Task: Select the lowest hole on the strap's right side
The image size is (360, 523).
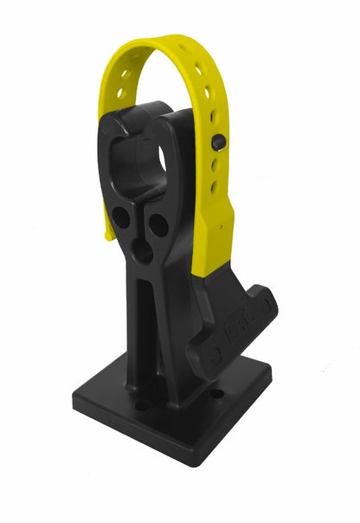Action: click(x=214, y=186)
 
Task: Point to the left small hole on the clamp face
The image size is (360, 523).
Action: click(x=122, y=217)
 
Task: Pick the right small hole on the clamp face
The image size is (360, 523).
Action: click(x=158, y=226)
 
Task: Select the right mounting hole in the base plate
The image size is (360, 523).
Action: click(x=216, y=393)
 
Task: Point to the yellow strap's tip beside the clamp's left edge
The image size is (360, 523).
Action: click(x=108, y=232)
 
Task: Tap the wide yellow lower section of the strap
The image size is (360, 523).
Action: click(x=216, y=234)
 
